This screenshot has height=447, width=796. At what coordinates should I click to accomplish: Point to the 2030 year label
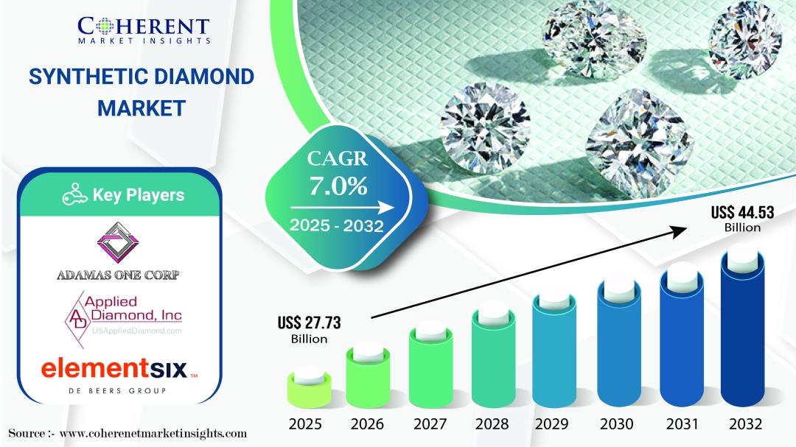(616, 423)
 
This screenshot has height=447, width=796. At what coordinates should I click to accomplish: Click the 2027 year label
(430, 423)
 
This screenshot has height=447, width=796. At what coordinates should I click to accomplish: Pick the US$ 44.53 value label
(742, 219)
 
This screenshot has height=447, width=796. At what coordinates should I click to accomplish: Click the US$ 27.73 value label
(309, 329)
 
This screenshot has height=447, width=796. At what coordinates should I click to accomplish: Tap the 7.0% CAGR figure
(338, 186)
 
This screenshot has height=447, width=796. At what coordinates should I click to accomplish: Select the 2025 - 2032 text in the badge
(337, 225)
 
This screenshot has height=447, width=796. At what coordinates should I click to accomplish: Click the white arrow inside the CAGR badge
(342, 208)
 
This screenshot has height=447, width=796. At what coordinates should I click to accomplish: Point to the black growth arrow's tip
(687, 229)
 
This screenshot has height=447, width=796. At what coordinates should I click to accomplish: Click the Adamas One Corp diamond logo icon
(118, 242)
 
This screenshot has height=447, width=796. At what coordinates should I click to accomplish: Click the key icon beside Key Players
(75, 194)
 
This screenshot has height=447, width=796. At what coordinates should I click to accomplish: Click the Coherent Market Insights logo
(144, 30)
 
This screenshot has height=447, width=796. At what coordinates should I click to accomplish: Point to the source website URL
(153, 434)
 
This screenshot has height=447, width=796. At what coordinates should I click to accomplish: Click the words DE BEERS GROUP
(117, 391)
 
